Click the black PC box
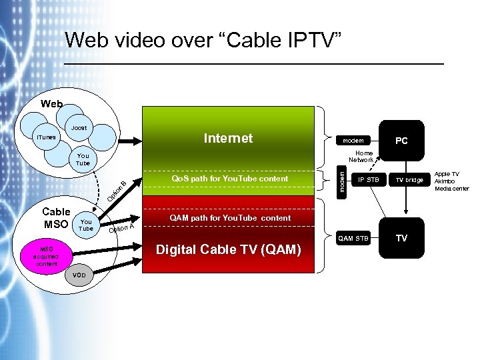401,141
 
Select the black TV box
401,238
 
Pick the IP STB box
368,179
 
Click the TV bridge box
409,179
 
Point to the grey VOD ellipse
79,275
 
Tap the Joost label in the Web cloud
79,127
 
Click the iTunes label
46,137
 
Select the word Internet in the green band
228,138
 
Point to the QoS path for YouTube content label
229,179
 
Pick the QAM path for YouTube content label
230,218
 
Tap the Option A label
122,228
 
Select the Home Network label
361,156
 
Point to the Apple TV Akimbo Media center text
451,181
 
